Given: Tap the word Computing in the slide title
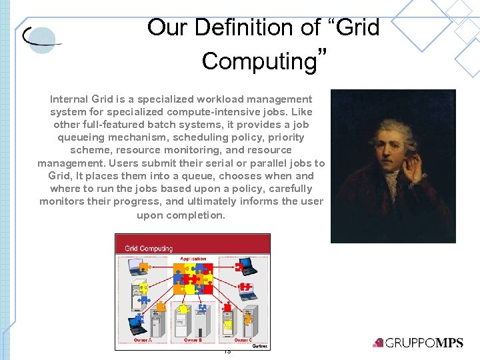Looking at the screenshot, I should coord(258,61).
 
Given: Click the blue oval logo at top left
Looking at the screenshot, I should coord(42,39).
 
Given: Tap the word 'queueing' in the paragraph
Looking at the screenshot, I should coord(77,138).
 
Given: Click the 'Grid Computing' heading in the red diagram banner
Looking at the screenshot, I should coord(149,249).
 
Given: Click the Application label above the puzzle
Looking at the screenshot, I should coord(193,259).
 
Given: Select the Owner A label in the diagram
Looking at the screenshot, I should coord(142,340).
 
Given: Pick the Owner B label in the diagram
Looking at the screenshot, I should coord(192,340).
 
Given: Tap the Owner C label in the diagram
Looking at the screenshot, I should coord(242,340).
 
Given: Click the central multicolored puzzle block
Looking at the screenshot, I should coord(193,278).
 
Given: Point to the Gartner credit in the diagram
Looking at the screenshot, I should coord(260,345).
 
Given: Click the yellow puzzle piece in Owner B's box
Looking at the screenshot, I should coord(183,310).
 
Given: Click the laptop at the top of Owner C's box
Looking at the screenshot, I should coord(248,268).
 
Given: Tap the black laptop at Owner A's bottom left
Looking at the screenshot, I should coord(136,325).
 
